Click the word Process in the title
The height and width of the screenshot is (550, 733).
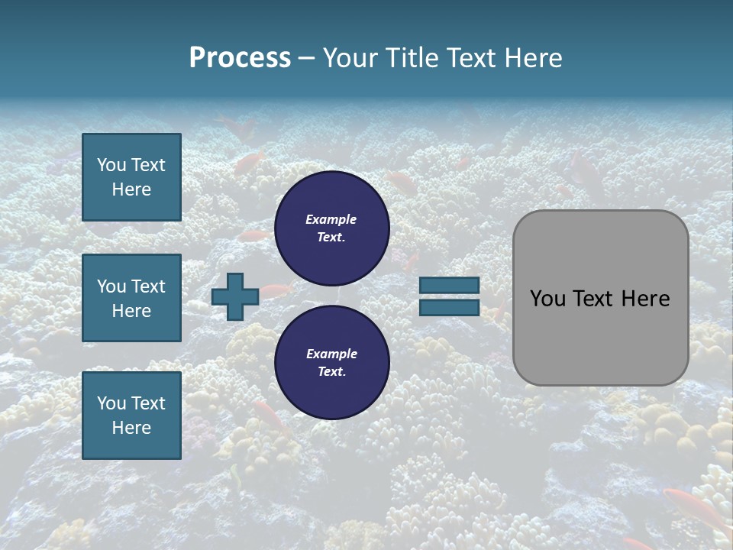pos(240,58)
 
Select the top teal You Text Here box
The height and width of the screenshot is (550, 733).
pos(131,177)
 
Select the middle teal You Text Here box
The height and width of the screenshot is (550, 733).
pos(131,298)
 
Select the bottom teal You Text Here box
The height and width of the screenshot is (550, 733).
pos(131,415)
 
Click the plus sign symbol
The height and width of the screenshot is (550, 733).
pos(235,297)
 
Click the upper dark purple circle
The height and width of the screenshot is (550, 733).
pos(331,228)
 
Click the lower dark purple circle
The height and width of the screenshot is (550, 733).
pos(331,363)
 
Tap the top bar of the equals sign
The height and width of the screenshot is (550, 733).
pos(449,285)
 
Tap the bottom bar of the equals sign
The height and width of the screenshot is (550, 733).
pos(449,308)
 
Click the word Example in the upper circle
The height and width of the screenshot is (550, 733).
pos(331,219)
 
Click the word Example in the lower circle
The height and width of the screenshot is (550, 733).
pos(331,354)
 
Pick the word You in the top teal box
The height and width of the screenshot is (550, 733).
pos(110,165)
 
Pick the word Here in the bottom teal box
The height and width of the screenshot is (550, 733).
pos(131,428)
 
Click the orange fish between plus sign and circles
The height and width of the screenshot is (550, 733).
pos(279,290)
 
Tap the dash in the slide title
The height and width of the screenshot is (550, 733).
pos(306,58)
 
